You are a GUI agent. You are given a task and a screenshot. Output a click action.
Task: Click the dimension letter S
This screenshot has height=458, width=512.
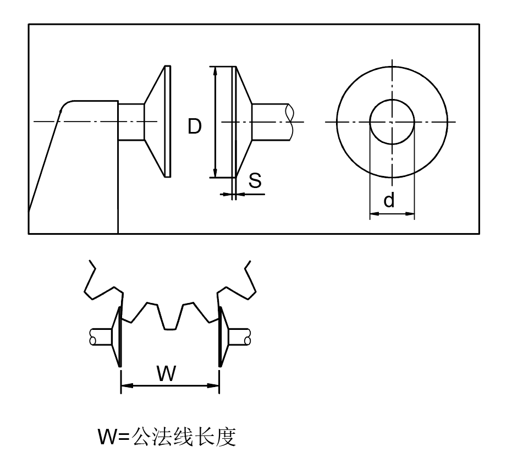click(255, 181)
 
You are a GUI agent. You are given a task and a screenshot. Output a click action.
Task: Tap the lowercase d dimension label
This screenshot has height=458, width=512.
click(389, 201)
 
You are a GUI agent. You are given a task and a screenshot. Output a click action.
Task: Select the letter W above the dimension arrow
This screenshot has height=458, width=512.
click(166, 373)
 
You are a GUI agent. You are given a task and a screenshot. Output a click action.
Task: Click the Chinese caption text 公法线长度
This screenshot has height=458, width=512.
click(184, 437)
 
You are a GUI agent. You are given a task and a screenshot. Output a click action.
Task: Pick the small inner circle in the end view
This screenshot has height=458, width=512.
click(392, 122)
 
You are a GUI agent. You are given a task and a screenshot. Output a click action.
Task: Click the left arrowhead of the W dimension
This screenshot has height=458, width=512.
click(125, 386)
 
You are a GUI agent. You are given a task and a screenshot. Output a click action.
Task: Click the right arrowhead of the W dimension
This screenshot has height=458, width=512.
click(215, 386)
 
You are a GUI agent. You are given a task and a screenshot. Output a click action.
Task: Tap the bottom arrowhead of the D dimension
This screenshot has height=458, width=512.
click(214, 173)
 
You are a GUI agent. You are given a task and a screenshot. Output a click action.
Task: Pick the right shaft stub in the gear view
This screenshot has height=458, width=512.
click(240, 335)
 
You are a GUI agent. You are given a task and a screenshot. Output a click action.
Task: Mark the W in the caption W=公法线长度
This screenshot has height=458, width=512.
click(107, 437)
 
